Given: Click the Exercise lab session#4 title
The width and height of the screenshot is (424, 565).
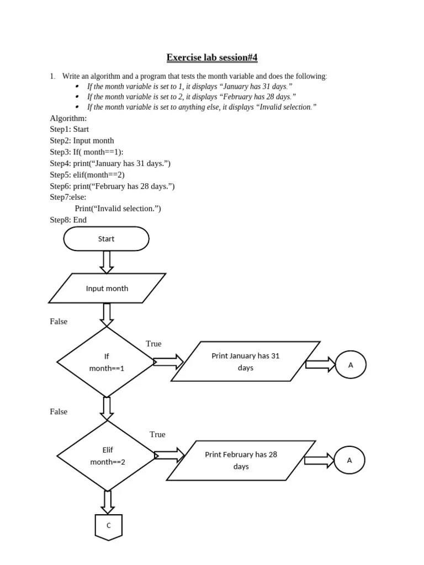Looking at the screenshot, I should tap(212, 57).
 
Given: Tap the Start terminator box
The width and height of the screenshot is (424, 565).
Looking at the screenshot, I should tap(107, 239).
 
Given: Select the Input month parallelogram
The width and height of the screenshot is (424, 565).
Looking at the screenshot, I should tap(107, 288).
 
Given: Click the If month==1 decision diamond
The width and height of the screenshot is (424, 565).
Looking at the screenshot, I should tap(107, 362).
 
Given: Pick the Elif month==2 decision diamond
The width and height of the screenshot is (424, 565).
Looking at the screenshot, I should tap(108, 456).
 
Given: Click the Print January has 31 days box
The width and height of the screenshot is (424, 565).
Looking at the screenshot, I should tap(246, 361).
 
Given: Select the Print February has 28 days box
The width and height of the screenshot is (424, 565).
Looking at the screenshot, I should tap(241, 461).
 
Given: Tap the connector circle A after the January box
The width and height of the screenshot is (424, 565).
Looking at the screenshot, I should tap(351, 365).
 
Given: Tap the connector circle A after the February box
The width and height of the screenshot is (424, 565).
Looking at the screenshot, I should tap(349, 460).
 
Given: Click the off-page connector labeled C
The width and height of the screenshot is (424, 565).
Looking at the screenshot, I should tap(108, 526).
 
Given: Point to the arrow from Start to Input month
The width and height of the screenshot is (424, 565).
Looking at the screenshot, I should tap(107, 262).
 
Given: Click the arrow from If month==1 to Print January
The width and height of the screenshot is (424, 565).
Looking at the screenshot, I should tap(168, 362).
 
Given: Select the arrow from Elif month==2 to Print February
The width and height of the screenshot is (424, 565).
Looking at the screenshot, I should tap(169, 456).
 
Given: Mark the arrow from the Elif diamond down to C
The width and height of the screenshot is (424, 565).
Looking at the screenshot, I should tap(108, 502).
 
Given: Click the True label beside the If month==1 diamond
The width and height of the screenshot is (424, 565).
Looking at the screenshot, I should tap(153, 344).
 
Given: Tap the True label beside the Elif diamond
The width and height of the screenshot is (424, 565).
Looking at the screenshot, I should tap(157, 434).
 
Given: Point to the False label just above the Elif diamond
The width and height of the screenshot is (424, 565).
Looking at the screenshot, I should tap(59, 412).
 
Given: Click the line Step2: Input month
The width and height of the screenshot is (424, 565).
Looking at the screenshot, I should tap(82, 141).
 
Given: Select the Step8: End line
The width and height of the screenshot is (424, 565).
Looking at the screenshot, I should tap(68, 220).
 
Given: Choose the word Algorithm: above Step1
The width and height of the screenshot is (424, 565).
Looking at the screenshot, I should tap(68, 118).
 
